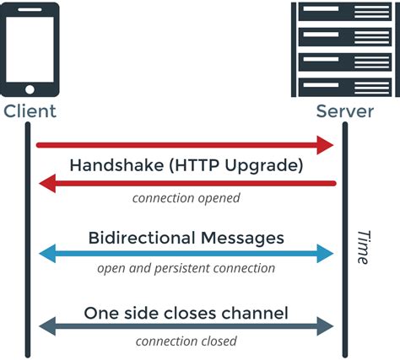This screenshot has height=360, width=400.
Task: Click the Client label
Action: click(30, 110)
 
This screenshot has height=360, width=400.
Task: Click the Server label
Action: click(345, 110)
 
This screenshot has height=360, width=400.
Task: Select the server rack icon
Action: click(344, 50)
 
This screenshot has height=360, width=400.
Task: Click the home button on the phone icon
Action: click(30, 88)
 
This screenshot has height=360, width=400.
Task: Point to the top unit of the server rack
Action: click(344, 13)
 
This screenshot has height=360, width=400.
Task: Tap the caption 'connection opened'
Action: click(186, 199)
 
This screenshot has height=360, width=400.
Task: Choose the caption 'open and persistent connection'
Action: click(186, 269)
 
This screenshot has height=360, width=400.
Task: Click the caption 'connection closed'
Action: click(186, 341)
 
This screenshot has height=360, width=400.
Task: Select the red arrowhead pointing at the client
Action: click(48, 183)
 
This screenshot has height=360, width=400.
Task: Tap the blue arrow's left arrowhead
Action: click(47, 254)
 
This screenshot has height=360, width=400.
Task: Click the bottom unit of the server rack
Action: click(344, 87)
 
